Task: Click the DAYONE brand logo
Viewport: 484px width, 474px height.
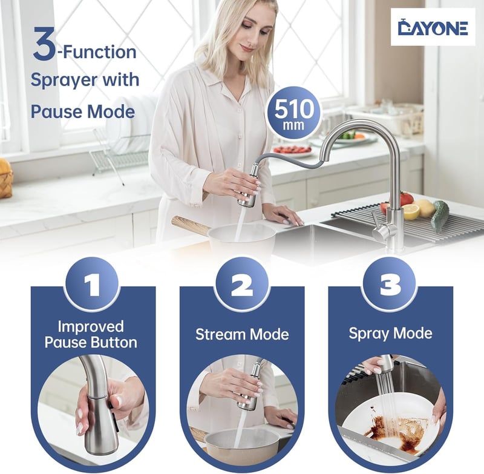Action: [433, 27]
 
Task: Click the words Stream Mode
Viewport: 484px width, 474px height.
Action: [242, 334]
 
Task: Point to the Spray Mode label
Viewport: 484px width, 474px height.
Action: [390, 334]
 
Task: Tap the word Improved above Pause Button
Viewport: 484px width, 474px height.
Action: [91, 327]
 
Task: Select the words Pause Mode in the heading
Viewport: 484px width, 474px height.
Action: [83, 112]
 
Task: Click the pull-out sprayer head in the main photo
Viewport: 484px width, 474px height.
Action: [248, 186]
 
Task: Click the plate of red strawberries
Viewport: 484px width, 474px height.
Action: [292, 150]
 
